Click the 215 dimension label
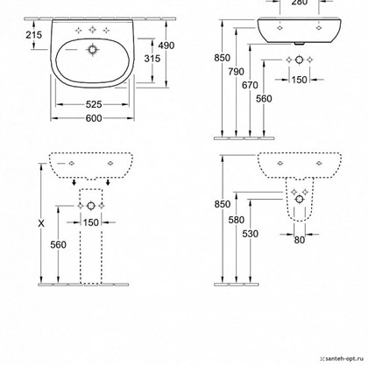[34, 35]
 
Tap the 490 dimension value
[166, 46]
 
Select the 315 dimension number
[152, 59]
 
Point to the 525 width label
[94, 104]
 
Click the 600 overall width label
[94, 118]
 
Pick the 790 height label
[236, 72]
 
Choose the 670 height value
[250, 85]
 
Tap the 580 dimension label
[236, 220]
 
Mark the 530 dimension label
[251, 234]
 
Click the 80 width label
[300, 240]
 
